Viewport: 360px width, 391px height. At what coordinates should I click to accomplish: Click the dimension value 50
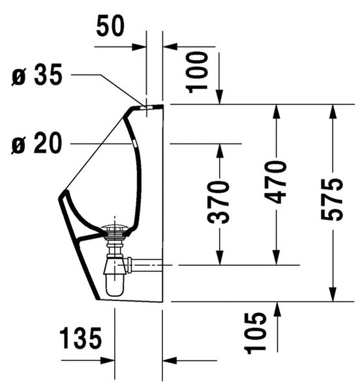point(110,25)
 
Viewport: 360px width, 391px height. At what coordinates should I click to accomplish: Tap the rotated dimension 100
point(197,72)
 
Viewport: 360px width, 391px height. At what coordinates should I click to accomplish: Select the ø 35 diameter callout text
point(37,74)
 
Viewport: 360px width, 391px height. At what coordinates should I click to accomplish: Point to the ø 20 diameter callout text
point(37,143)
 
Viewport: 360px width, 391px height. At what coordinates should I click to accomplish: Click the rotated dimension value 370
point(218,202)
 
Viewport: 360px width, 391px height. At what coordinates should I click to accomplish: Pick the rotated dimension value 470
point(275,182)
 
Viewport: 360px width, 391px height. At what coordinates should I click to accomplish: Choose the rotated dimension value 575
point(332,199)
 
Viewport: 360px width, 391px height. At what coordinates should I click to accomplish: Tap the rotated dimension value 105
point(255,333)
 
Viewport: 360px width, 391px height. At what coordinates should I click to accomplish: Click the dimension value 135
point(81,338)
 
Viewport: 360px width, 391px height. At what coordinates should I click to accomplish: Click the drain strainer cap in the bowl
point(115,227)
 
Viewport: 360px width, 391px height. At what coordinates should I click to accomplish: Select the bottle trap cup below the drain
point(115,284)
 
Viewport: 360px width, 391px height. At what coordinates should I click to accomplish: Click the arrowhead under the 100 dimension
point(219,96)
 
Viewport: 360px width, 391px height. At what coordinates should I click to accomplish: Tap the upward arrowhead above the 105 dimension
point(278,309)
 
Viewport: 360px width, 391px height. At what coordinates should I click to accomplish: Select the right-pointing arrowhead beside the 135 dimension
point(108,360)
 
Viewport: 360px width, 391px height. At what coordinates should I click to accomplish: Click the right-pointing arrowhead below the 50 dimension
point(139,47)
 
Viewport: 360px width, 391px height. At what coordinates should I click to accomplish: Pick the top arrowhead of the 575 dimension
point(332,111)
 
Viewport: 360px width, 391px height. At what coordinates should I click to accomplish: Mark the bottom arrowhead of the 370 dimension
point(220,257)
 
